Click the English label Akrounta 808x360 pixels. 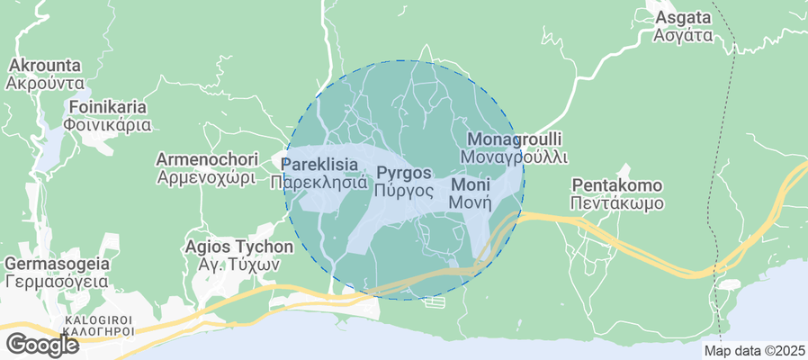click(x=43, y=66)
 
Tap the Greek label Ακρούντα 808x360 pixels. click(x=43, y=84)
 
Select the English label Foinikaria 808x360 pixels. click(x=107, y=107)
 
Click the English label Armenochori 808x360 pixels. click(x=207, y=159)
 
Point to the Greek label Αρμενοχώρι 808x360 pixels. click(x=207, y=177)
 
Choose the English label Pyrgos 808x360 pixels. click(x=405, y=172)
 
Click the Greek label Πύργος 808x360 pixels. click(x=405, y=190)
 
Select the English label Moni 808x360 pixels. click(x=470, y=184)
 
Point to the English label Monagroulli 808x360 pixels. click(x=515, y=139)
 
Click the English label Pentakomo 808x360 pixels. click(x=617, y=185)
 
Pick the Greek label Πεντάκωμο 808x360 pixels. click(x=617, y=203)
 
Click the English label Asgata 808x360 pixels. click(x=684, y=18)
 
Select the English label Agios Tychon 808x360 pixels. click(x=238, y=247)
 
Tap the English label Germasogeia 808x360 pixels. click(x=57, y=264)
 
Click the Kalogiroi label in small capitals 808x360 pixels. click(x=98, y=319)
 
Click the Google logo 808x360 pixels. click(x=42, y=344)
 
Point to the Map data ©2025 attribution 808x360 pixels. click(x=754, y=350)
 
